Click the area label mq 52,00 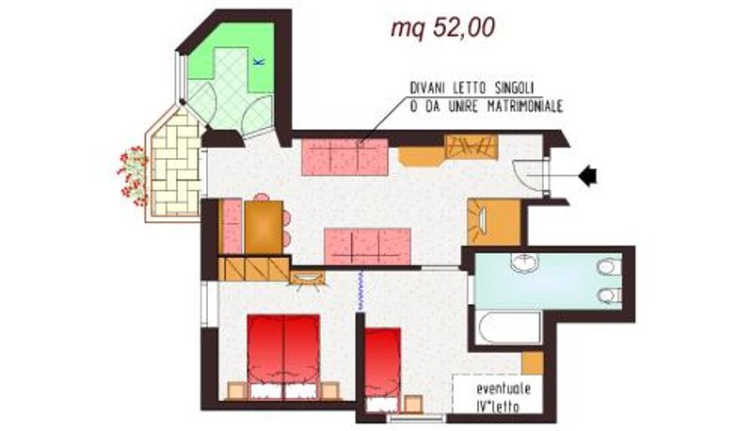442,28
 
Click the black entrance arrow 587,176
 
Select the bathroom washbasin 524,263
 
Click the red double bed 283,357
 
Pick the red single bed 382,370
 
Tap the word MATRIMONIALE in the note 525,106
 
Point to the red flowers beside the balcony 133,176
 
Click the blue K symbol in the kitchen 259,62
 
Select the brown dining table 263,227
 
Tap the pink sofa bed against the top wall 344,157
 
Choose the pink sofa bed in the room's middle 367,247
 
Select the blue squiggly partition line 360,291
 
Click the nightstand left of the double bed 237,391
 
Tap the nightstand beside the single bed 413,404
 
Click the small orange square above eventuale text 533,363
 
